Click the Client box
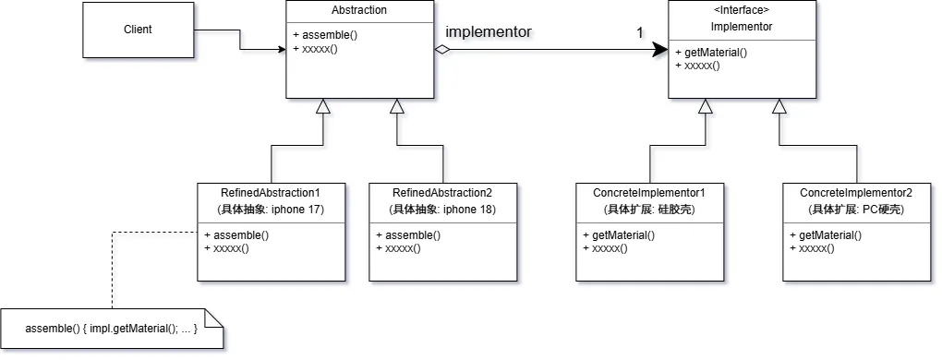[139, 30]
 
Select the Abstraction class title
[359, 10]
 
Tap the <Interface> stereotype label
[742, 10]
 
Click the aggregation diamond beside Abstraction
[442, 51]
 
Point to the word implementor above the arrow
[489, 31]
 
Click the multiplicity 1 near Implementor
[640, 33]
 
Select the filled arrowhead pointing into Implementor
[660, 51]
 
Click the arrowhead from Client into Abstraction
[282, 50]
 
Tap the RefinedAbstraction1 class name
[272, 193]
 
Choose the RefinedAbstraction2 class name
[442, 193]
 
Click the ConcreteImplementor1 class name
[649, 193]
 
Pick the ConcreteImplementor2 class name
[856, 193]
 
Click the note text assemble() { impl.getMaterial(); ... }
[112, 329]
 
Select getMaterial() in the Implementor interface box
[711, 53]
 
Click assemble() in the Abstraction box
[325, 35]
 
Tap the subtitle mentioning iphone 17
[272, 210]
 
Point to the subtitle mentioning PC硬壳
[857, 210]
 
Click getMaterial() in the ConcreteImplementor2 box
[826, 235]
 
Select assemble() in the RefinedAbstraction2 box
[408, 235]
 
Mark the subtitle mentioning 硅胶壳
[649, 210]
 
